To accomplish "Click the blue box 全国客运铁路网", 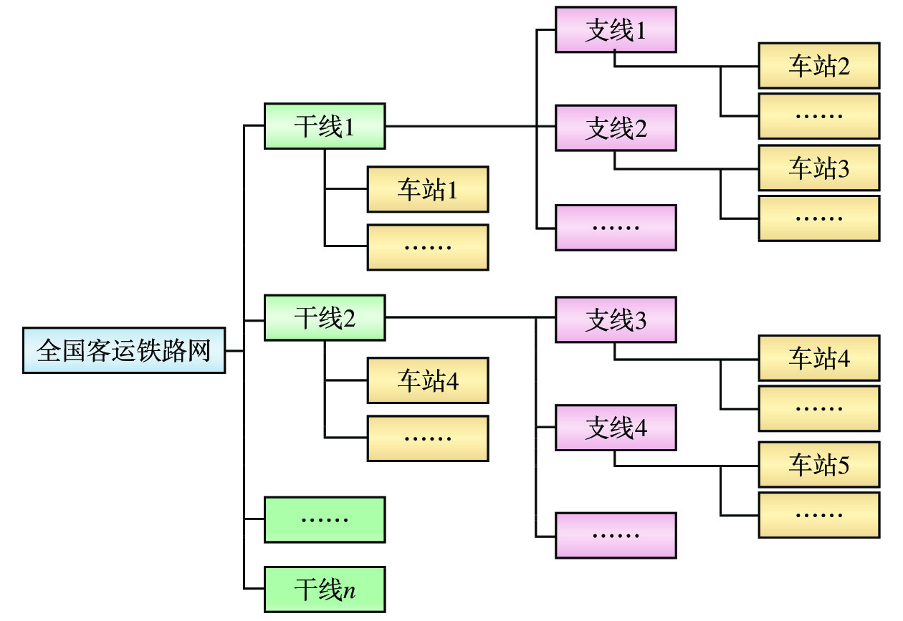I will [x=124, y=351].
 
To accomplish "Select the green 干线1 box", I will [x=325, y=127].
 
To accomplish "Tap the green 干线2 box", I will [x=325, y=317].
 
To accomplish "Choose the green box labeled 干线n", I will [x=325, y=589].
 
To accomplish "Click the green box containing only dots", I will [x=325, y=519].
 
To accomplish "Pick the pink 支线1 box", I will [x=616, y=30].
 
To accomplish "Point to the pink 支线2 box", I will [x=616, y=128].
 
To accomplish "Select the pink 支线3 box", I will [x=616, y=319].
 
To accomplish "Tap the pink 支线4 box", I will [x=616, y=428].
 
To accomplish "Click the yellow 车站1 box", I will [x=428, y=190].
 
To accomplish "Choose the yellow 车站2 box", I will [x=819, y=66].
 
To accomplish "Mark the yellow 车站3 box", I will [x=819, y=168].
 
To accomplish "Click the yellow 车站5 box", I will [x=819, y=465].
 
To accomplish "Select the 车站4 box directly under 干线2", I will [x=428, y=380].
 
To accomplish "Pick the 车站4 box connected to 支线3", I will [x=819, y=357].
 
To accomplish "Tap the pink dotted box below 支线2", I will [x=616, y=227].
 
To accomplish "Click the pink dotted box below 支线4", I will [x=616, y=535].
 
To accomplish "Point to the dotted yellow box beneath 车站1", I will [x=428, y=247].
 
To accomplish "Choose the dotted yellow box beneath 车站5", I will [x=819, y=514].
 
